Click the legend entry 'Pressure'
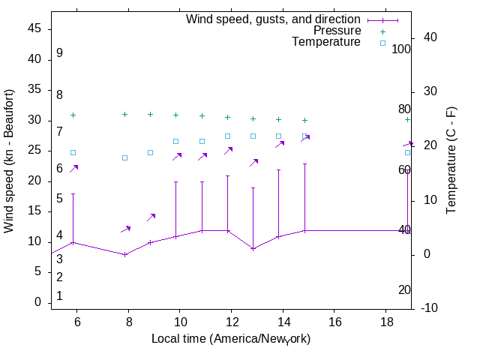(337, 31)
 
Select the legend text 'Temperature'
(326, 43)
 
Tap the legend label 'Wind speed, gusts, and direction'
(273, 19)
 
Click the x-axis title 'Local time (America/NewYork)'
(231, 339)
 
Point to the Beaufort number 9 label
(59, 53)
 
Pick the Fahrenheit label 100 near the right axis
(401, 49)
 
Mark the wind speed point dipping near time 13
(253, 248)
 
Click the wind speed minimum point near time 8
(125, 254)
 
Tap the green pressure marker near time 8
(124, 114)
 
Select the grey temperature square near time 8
(125, 157)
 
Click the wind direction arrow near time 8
(125, 229)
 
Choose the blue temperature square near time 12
(227, 136)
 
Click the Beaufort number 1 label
(59, 296)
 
